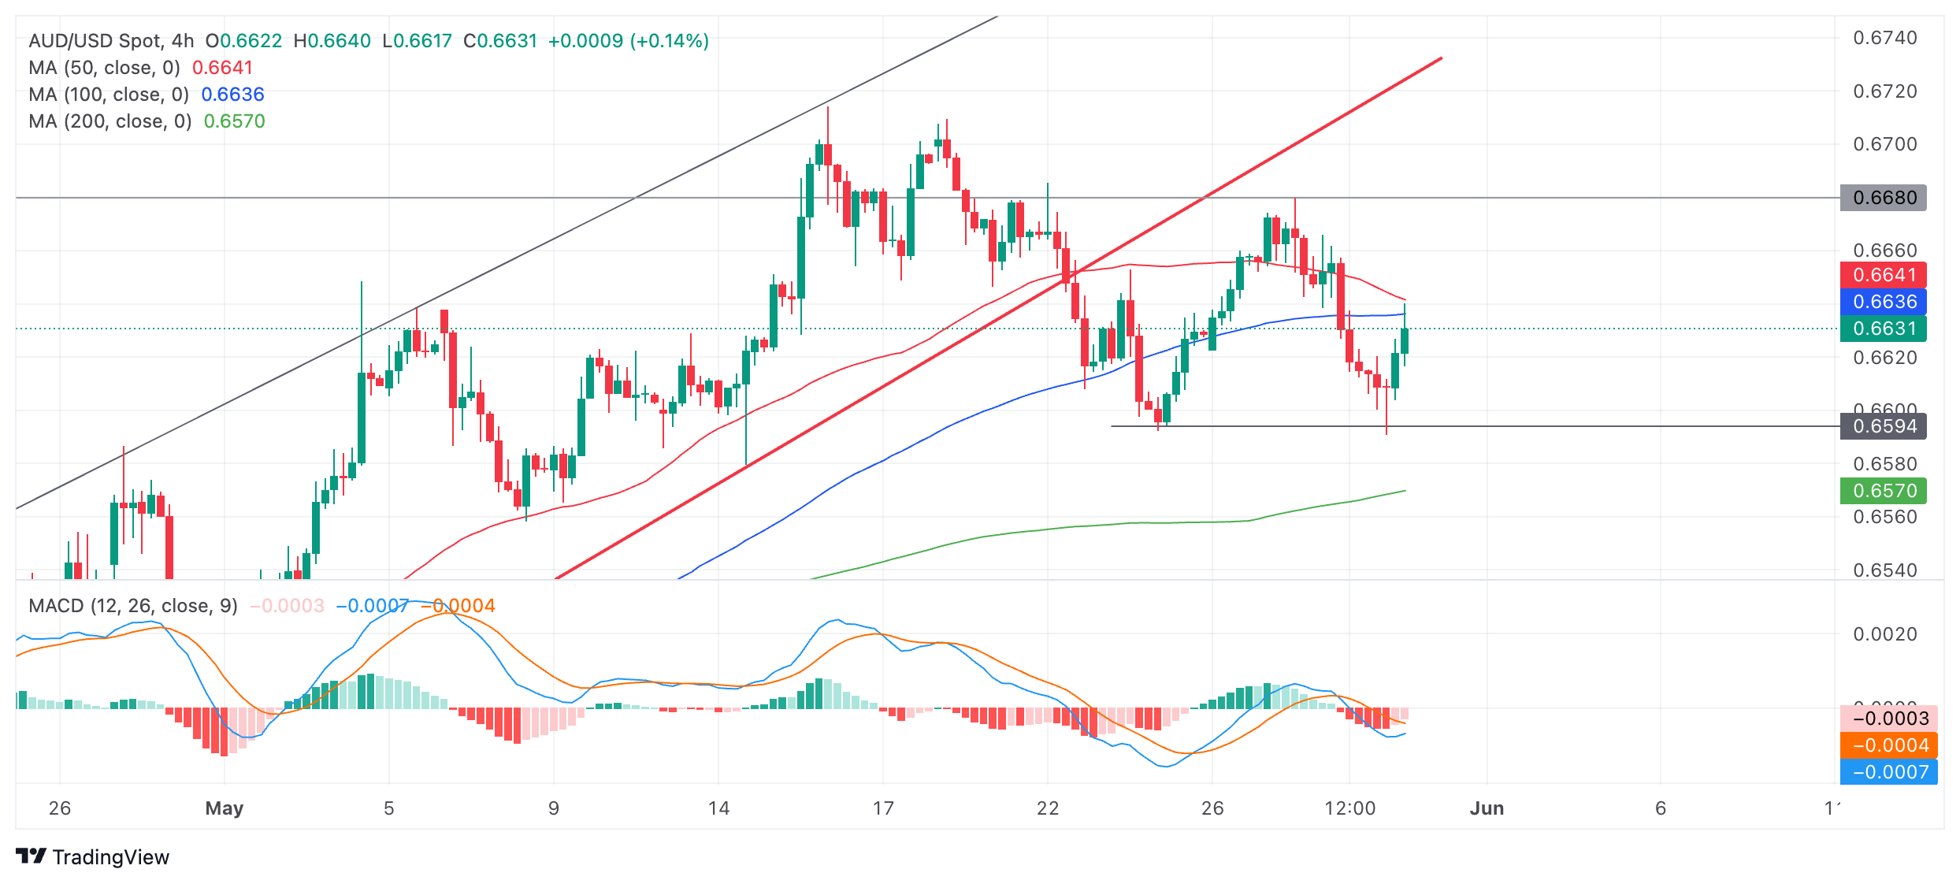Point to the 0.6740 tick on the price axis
point(1884,38)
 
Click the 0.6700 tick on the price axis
point(1884,144)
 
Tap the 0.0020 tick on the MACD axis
point(1884,634)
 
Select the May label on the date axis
point(224,808)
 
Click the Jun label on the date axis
point(1487,808)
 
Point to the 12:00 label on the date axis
point(1349,808)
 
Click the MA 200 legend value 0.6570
point(234,121)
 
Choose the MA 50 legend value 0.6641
point(222,68)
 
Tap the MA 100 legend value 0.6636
point(232,95)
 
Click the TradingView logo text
point(110,857)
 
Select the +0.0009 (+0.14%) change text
point(628,41)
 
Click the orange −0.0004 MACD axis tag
point(1888,745)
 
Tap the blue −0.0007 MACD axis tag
point(1888,772)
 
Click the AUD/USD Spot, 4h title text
point(111,41)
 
